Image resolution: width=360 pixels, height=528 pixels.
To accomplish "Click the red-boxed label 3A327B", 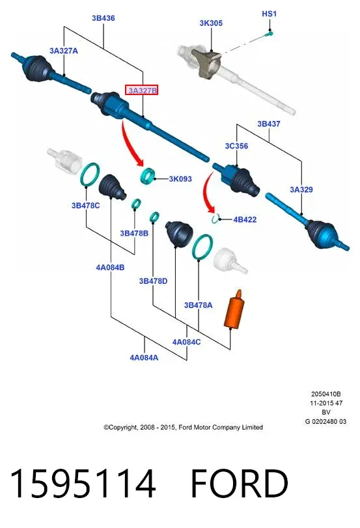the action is pos(141,90).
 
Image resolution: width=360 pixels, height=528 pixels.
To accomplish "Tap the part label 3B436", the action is pos(104,18).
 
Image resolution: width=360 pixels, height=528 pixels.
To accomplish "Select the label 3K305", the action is pos(211,23).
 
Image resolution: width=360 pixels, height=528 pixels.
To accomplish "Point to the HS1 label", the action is pos(269,14).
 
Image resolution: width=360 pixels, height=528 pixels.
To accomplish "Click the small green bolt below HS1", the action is pos(269,33).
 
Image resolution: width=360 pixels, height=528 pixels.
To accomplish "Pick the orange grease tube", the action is pos(233,309).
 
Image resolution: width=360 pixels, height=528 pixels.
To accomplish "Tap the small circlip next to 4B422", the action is pos(215,219).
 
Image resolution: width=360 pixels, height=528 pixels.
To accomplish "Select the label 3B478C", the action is pos(85,206).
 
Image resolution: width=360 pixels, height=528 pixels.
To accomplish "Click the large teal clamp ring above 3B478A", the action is pos(202,247).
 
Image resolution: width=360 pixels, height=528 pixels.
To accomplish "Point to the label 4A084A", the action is pos(144,357).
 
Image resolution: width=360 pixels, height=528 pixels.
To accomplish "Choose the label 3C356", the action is pos(236,146).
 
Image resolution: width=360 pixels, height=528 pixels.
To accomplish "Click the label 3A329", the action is pos(301,189).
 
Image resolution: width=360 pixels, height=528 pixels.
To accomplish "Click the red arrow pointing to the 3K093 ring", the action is pos(131,143).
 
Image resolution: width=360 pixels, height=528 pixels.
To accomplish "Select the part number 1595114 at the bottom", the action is pos(83,484).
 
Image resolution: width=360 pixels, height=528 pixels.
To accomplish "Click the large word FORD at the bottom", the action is pos(240,484).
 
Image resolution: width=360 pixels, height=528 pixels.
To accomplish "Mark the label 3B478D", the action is pos(153,281).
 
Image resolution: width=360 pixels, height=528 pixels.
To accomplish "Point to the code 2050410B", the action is pos(325,394).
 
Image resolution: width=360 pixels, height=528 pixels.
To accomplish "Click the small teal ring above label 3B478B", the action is pos(136,204).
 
